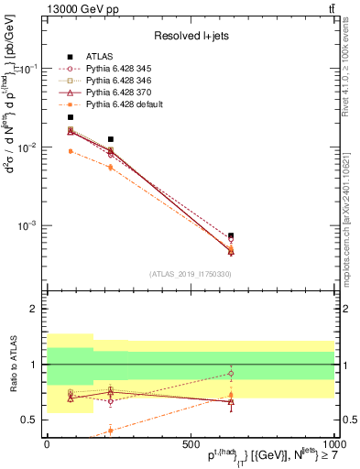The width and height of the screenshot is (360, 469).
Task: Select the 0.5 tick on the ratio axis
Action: pos(30,420)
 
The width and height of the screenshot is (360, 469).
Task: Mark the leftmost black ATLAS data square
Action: pos(71,117)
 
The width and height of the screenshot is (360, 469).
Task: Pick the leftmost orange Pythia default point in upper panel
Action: pos(71,151)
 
